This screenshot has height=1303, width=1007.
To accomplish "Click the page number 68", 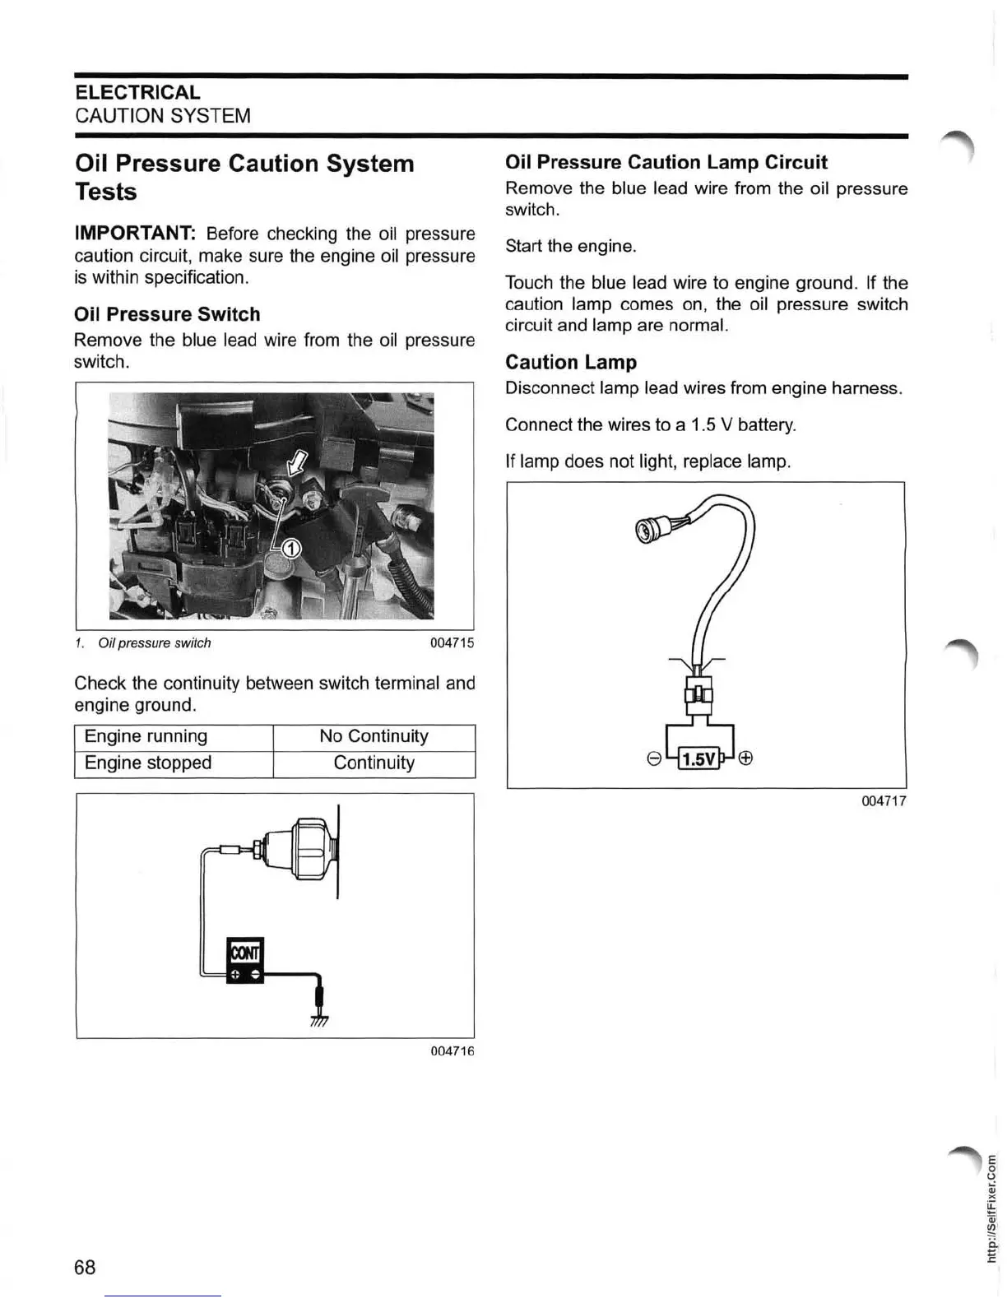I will click(x=85, y=1267).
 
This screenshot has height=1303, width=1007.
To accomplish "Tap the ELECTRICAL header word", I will click(x=137, y=92).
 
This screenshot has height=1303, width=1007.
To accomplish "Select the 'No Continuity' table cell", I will click(x=374, y=736).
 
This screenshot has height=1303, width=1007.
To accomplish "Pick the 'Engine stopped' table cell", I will click(x=148, y=763).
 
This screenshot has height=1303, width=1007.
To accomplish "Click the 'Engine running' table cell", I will click(x=146, y=736).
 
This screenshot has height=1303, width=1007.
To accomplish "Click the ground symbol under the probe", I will click(x=319, y=1021).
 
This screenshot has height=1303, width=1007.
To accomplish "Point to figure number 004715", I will click(x=452, y=643).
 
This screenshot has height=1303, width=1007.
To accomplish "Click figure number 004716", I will click(x=452, y=1051).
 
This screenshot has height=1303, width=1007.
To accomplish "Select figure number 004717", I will click(x=884, y=801).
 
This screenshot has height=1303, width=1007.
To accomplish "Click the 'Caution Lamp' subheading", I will click(x=571, y=362).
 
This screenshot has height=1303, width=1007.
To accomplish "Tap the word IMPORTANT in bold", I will click(x=134, y=234).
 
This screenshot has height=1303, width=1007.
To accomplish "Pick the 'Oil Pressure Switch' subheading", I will click(x=167, y=314).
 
